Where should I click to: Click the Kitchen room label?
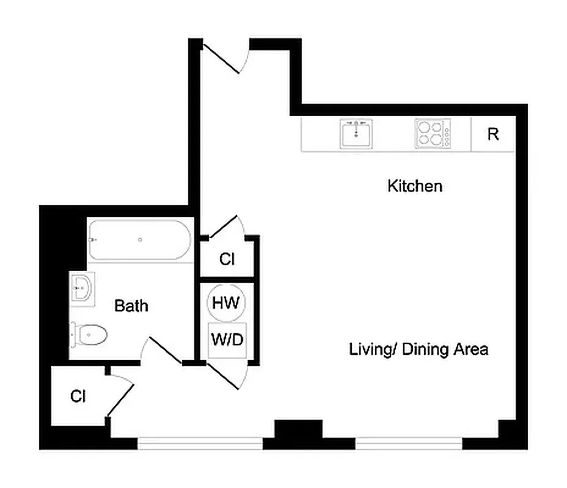[414, 186]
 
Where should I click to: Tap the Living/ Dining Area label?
[419, 350]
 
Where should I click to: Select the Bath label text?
[131, 306]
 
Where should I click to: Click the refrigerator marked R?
[493, 134]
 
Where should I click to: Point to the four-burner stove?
[433, 134]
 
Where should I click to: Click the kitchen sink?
[357, 134]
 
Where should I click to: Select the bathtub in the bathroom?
[140, 240]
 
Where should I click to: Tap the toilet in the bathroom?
[90, 334]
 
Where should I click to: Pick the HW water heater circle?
[227, 302]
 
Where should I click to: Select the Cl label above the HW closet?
[227, 259]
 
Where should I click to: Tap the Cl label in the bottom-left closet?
[78, 396]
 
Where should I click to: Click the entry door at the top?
[225, 57]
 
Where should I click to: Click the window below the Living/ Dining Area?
[409, 443]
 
